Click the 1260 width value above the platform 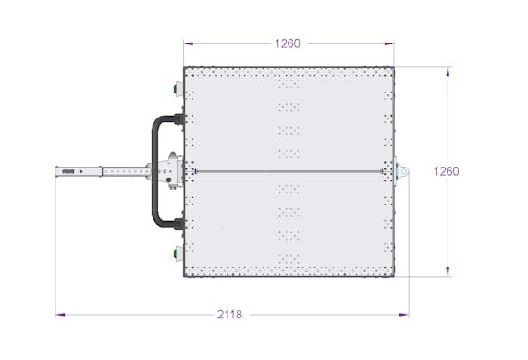(288, 43)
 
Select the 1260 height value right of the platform (447, 171)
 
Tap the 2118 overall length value (229, 315)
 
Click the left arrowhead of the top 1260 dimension (189, 43)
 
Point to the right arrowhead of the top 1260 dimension (389, 43)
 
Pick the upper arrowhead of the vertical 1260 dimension (448, 72)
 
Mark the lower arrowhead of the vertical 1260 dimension (448, 271)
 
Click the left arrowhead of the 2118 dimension (60, 315)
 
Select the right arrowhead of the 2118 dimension (404, 315)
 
